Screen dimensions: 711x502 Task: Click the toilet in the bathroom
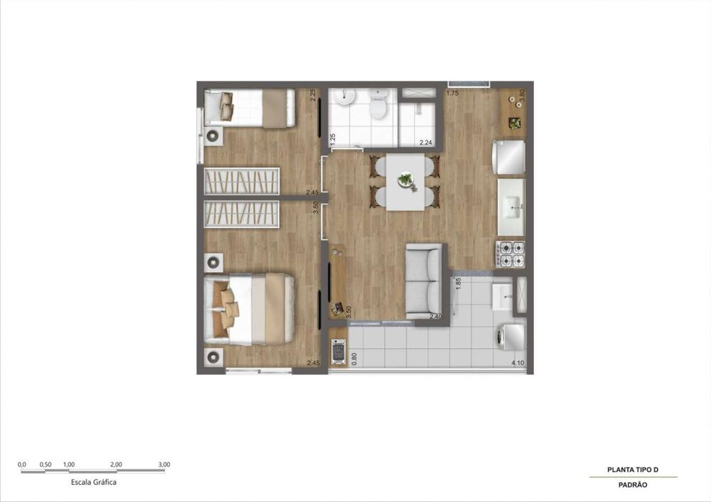click(x=378, y=103)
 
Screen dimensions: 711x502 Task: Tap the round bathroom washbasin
click(x=345, y=96)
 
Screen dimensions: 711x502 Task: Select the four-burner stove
click(x=510, y=254)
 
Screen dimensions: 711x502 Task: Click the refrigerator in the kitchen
click(x=509, y=157)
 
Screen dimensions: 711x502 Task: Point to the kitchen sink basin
click(x=513, y=208)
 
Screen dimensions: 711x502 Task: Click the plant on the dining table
click(x=406, y=180)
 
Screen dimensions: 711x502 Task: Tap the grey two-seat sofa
click(x=424, y=282)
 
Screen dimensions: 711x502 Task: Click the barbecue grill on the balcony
click(x=338, y=351)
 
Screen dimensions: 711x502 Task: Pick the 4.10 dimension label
click(x=518, y=363)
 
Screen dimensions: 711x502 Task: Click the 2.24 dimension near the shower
click(x=426, y=143)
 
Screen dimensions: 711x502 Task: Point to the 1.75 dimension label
click(x=452, y=94)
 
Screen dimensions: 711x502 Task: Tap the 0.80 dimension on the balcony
click(x=354, y=359)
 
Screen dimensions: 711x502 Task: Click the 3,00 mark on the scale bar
click(x=164, y=464)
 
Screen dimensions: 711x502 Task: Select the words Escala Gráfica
click(x=93, y=482)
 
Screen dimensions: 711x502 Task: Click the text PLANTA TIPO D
click(x=633, y=470)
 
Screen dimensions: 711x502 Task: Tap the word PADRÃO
click(x=633, y=485)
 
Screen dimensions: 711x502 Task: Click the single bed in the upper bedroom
click(x=250, y=108)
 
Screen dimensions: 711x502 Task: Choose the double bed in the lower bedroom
click(x=249, y=309)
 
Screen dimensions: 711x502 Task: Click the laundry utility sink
click(x=502, y=297)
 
